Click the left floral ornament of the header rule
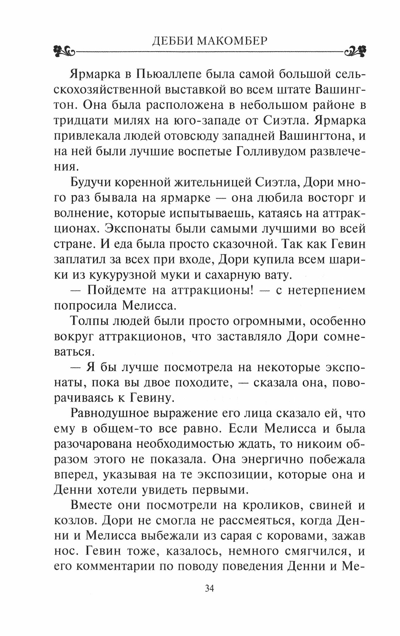pyautogui.click(x=64, y=50)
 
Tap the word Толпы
pyautogui.click(x=86, y=321)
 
